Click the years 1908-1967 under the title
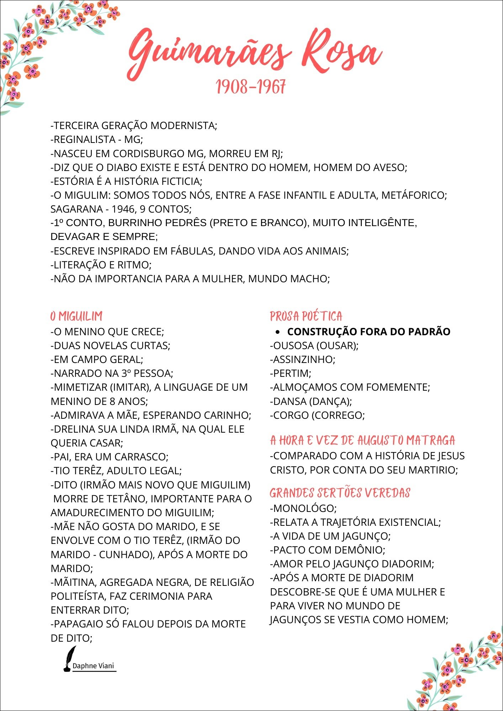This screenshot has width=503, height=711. pyautogui.click(x=251, y=87)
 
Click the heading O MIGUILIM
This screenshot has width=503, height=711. pyautogui.click(x=76, y=316)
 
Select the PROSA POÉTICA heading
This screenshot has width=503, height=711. pyautogui.click(x=306, y=316)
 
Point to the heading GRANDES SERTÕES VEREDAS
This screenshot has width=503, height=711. pyautogui.click(x=340, y=493)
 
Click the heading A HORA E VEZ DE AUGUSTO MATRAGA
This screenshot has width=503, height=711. pyautogui.click(x=362, y=440)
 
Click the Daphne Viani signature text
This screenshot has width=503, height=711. pyautogui.click(x=93, y=666)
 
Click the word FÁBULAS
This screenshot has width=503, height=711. pyautogui.click(x=192, y=251)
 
